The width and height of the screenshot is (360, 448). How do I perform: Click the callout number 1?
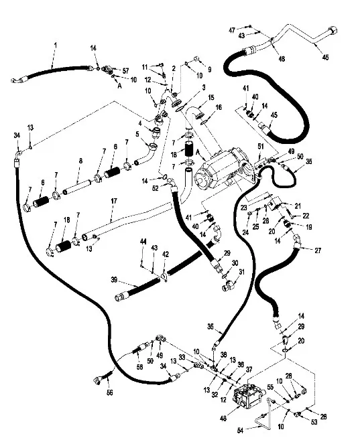point(56,46)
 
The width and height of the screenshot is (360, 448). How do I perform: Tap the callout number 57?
point(125,70)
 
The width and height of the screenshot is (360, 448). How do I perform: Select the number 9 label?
point(210,69)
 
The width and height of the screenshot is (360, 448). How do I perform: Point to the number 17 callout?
point(114,201)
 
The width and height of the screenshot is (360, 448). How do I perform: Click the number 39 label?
point(114,279)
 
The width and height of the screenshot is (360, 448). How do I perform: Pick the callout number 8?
point(80,161)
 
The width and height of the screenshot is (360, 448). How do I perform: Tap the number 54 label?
point(241,431)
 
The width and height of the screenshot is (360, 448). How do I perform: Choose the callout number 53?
point(314,422)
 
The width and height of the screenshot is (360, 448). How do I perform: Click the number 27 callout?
point(318,250)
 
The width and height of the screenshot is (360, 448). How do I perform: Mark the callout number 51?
point(261,147)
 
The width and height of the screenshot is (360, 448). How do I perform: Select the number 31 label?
point(241,272)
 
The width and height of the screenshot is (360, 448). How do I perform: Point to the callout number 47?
point(232,30)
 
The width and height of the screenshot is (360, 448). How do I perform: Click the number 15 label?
point(211,97)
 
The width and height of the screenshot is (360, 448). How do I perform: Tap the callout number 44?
point(143,242)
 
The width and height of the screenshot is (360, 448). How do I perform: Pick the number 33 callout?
point(182,357)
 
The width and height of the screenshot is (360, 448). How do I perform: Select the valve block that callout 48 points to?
point(247,397)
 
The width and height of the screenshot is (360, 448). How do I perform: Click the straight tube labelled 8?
point(78,187)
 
